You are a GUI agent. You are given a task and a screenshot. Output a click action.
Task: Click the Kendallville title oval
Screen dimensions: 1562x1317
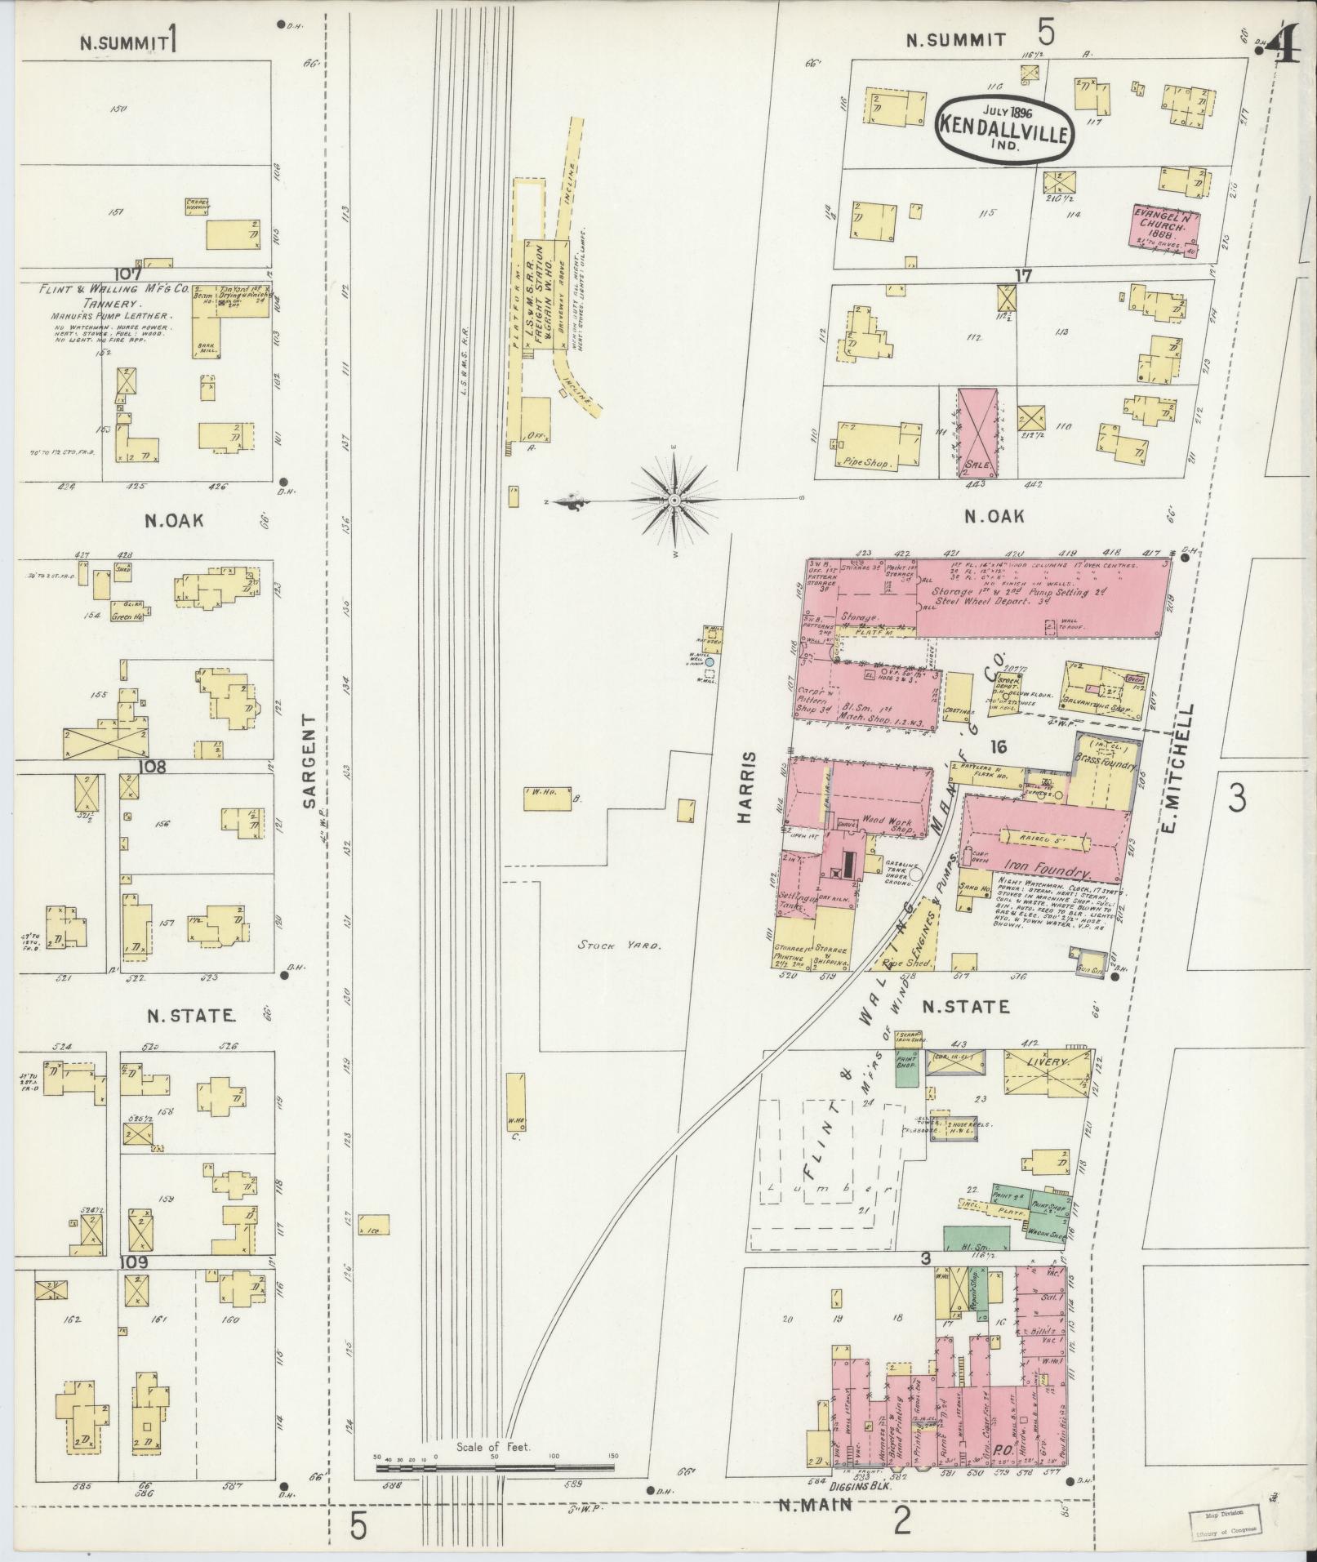click(x=1003, y=127)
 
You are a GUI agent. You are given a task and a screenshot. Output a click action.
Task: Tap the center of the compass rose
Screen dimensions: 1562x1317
click(x=674, y=500)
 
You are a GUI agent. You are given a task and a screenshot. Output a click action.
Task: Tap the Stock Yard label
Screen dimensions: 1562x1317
click(x=607, y=946)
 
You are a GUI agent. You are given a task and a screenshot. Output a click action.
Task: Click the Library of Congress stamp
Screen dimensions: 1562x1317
click(x=1221, y=1522)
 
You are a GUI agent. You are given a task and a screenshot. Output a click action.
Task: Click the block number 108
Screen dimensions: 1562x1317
click(x=153, y=767)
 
